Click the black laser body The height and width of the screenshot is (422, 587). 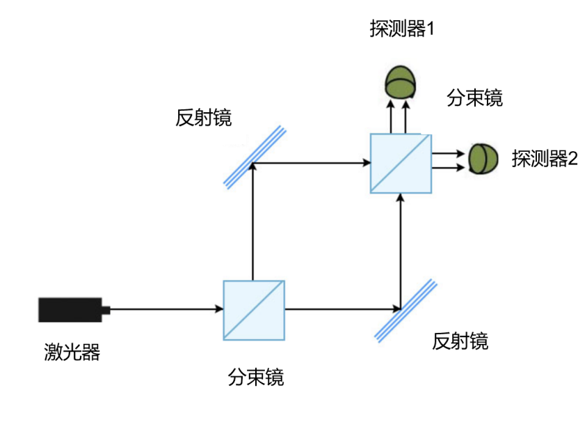click(x=69, y=309)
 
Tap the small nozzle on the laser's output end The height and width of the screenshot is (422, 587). click(x=106, y=309)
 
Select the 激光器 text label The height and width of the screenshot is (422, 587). click(x=72, y=352)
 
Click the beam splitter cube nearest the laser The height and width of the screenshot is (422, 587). click(x=254, y=310)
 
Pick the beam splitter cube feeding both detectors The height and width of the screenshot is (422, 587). click(x=401, y=164)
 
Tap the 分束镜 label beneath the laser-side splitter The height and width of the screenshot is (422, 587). click(x=255, y=377)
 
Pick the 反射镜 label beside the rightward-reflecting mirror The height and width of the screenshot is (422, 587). click(x=204, y=117)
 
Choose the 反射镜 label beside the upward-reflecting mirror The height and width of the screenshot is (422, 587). click(x=460, y=341)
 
